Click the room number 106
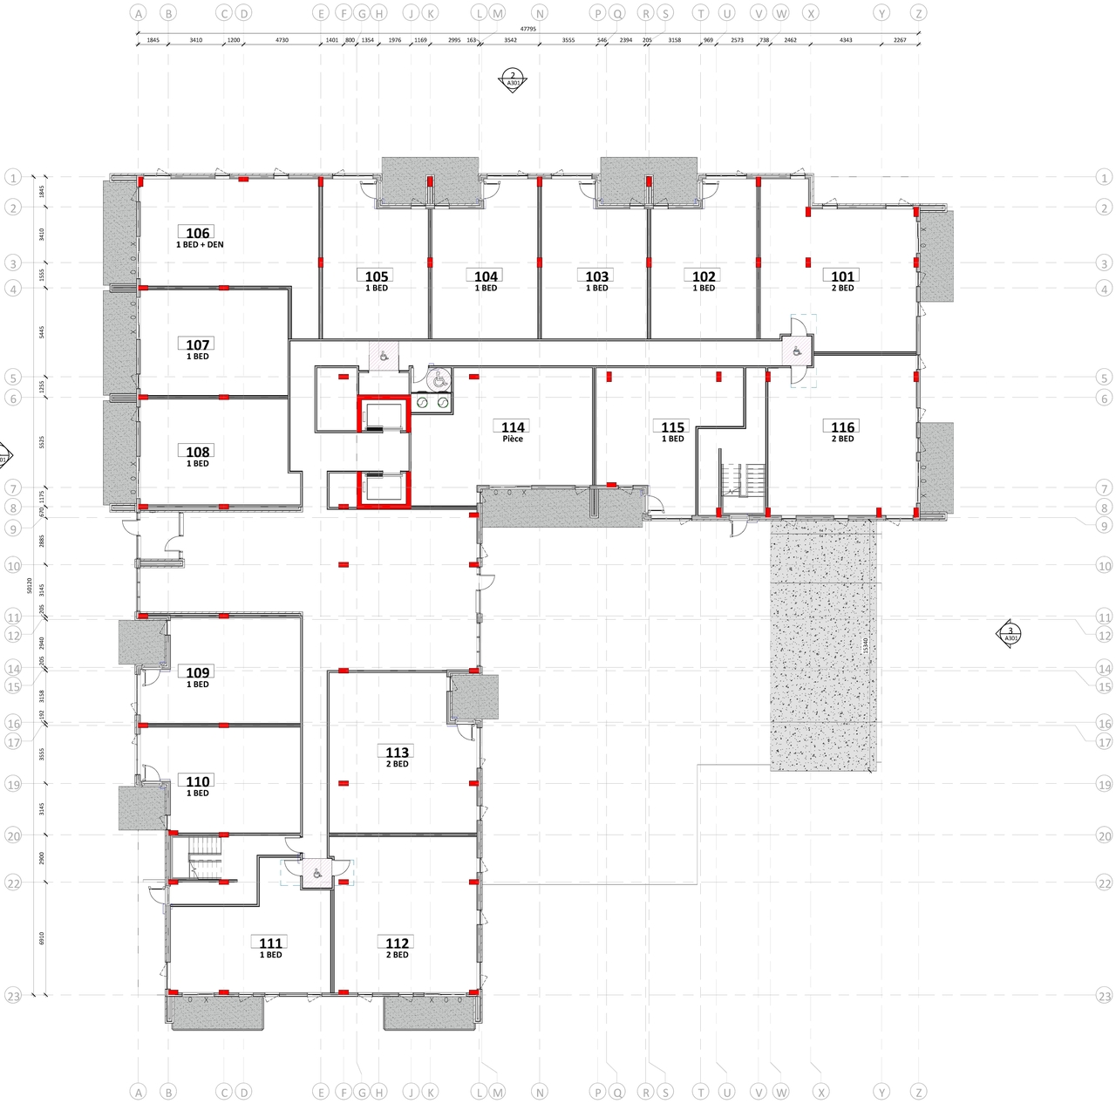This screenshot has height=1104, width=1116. (x=198, y=233)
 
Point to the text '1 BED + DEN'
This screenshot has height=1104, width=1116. (x=200, y=245)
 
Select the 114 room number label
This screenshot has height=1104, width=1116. (x=513, y=426)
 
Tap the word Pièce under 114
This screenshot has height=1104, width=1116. (x=513, y=439)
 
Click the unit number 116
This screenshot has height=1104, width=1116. (x=842, y=426)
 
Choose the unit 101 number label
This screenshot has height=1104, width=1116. (x=842, y=276)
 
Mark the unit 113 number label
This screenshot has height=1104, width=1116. (x=397, y=752)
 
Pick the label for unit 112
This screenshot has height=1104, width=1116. (x=397, y=943)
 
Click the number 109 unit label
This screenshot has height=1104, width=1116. (x=198, y=672)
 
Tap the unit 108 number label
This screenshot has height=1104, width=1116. (x=198, y=452)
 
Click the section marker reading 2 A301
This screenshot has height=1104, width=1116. (x=513, y=80)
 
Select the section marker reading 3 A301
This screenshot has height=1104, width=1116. (x=1010, y=634)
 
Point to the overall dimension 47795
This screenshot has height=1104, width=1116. (x=527, y=30)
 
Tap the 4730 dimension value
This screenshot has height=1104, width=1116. (x=282, y=40)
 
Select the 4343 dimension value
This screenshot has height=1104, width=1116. (x=846, y=40)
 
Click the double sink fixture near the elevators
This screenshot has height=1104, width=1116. (x=432, y=403)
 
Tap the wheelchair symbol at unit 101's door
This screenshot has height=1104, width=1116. (x=796, y=351)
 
